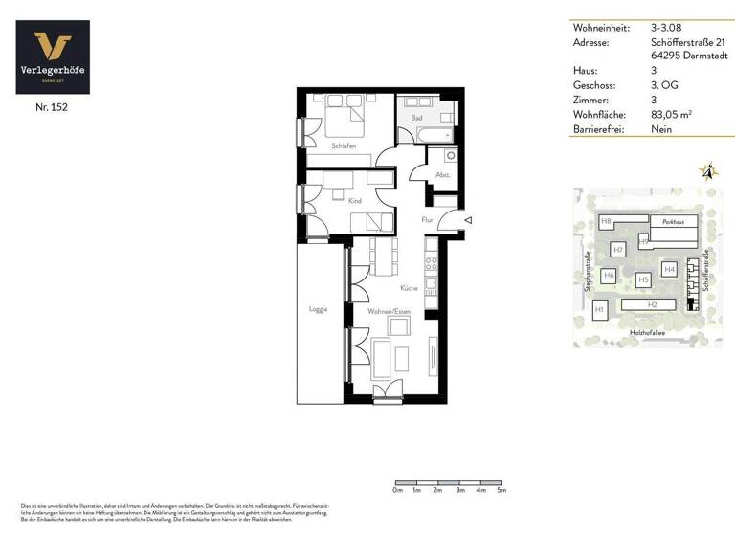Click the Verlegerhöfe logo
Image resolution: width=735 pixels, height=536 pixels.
point(53,57)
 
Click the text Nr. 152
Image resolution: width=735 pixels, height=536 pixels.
point(53,107)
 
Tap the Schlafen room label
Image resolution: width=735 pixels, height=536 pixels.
point(344,146)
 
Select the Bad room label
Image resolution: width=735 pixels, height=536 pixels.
point(416,118)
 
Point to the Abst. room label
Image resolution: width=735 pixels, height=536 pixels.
point(442,175)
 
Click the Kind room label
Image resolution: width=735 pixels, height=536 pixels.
point(355,201)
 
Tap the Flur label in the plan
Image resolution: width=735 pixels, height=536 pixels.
point(428,220)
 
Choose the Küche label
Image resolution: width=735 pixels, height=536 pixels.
point(409,287)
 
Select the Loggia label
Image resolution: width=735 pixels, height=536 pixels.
point(319,309)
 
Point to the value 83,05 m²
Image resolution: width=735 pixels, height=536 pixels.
point(671,114)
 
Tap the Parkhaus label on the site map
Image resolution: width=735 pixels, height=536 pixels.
point(673,222)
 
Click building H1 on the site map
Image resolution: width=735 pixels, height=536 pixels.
point(600,309)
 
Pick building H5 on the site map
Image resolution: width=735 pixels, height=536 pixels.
point(643,279)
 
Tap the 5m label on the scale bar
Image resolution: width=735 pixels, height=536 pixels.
point(501,491)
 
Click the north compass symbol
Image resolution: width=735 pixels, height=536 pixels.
point(708,173)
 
